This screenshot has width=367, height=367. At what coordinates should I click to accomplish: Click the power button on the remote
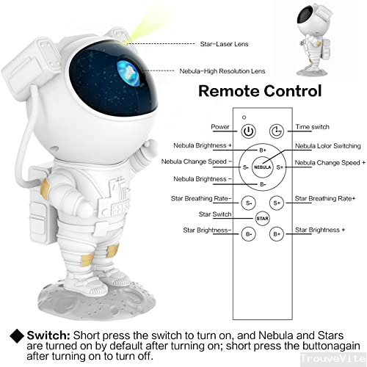(x=249, y=131)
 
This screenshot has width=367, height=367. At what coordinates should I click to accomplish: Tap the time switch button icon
(x=277, y=131)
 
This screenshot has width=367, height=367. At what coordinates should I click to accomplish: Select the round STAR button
(x=263, y=218)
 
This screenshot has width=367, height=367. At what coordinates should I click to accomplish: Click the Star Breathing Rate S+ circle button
(x=277, y=203)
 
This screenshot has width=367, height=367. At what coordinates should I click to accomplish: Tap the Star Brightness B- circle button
(x=249, y=234)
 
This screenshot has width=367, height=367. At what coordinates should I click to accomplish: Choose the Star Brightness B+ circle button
(x=277, y=234)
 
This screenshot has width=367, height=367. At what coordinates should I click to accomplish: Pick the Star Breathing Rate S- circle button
(x=249, y=203)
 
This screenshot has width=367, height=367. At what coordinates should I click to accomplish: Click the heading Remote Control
(x=260, y=91)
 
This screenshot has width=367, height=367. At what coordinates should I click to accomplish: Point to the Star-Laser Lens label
(x=224, y=44)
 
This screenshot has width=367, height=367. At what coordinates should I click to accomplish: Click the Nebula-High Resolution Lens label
(x=222, y=71)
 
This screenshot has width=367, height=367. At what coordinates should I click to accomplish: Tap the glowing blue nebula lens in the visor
(x=129, y=73)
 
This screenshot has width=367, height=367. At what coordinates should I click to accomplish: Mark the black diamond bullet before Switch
(x=17, y=335)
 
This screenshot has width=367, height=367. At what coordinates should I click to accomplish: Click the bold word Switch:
(x=48, y=335)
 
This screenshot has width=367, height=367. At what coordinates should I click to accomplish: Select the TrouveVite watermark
(x=333, y=358)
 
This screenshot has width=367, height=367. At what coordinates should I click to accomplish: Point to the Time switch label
(x=312, y=127)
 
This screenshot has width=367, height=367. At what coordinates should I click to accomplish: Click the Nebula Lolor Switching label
(x=328, y=146)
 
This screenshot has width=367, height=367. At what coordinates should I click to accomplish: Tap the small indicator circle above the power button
(x=244, y=117)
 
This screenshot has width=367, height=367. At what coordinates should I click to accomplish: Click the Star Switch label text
(x=215, y=214)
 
